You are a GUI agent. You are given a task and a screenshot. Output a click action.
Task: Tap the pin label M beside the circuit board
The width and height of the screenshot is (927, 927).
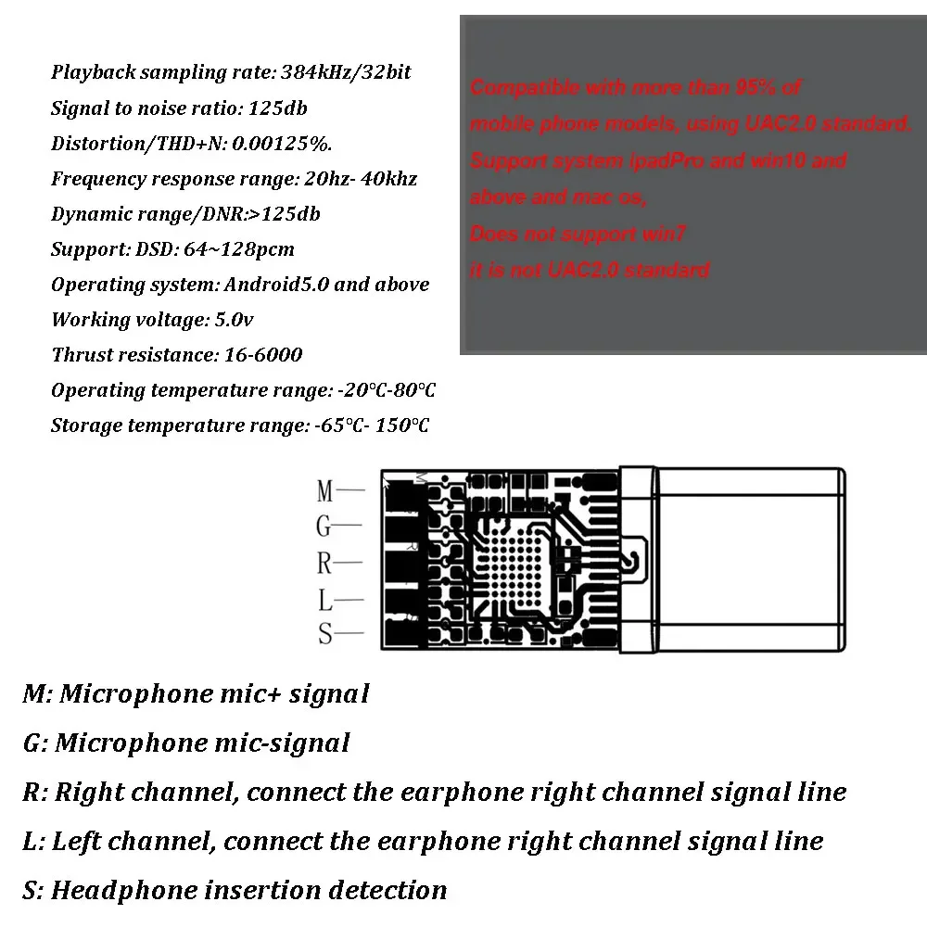(324, 490)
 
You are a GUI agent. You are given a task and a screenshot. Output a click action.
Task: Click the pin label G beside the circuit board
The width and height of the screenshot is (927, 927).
(324, 527)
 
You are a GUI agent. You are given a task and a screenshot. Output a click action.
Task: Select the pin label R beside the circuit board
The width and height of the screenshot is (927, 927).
(324, 563)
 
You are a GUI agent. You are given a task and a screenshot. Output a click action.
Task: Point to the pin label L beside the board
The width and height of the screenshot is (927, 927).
(324, 601)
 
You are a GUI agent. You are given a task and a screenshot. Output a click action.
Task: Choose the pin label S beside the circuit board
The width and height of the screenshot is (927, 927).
(324, 635)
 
